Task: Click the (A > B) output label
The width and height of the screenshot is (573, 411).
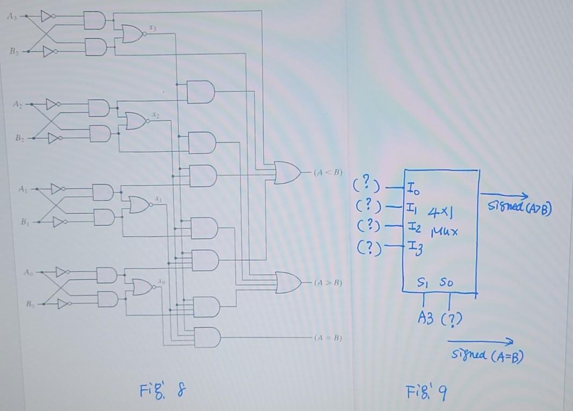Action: click(x=329, y=282)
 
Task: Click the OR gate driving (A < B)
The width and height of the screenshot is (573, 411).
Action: click(x=287, y=172)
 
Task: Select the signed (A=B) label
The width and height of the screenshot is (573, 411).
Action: click(x=487, y=355)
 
